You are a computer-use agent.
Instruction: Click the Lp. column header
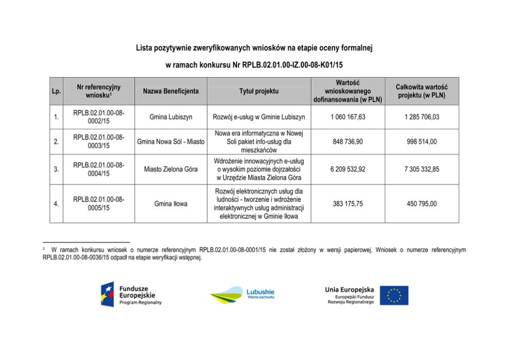click(x=56, y=91)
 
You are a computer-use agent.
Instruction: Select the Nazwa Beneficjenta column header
click(x=171, y=91)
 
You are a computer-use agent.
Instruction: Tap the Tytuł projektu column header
click(x=259, y=91)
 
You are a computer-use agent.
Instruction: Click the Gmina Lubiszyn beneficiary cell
click(x=171, y=117)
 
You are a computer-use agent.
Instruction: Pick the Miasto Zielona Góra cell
click(x=171, y=169)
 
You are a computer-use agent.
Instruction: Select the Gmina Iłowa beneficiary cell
click(x=171, y=204)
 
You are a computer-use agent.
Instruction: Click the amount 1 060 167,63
click(x=348, y=117)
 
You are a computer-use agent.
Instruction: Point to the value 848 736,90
click(x=348, y=141)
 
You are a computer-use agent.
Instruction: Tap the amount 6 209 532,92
click(x=348, y=169)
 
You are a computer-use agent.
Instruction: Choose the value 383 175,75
click(x=348, y=204)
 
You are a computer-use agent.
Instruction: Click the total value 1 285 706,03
click(x=422, y=117)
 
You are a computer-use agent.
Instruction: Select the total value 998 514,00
click(x=422, y=141)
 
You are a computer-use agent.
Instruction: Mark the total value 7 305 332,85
click(x=422, y=169)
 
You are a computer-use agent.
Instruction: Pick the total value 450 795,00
click(x=422, y=204)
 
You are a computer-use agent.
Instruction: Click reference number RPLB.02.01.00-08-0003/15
click(x=99, y=141)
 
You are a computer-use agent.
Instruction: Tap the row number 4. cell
click(x=56, y=204)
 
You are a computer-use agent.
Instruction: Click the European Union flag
click(x=394, y=295)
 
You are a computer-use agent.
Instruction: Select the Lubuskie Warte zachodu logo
click(x=242, y=295)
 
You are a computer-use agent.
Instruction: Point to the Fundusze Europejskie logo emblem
click(x=107, y=295)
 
